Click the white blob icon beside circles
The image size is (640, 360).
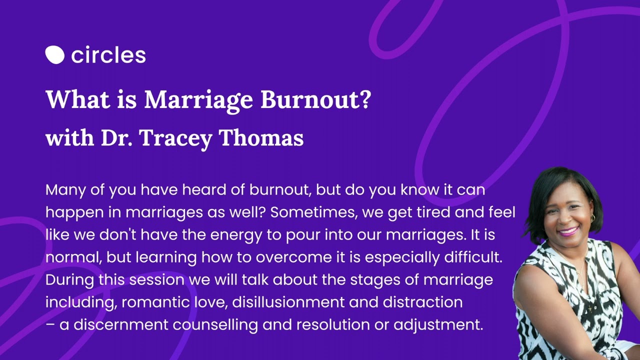54,54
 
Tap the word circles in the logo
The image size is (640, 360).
108,54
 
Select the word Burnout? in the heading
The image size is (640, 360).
316,99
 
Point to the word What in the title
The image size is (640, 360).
78,99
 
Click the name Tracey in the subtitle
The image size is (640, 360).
175,138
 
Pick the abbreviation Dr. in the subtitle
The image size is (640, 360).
116,137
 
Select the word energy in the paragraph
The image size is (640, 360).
236,235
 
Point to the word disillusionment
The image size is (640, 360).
288,302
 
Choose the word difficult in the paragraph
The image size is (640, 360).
473,257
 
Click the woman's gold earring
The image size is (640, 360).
592,218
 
